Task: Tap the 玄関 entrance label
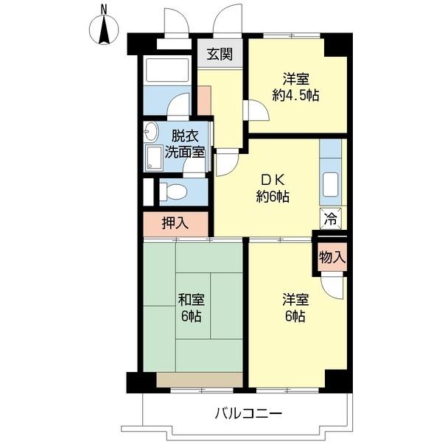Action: (x=220, y=54)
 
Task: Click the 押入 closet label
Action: (x=175, y=223)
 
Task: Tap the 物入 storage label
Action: (x=332, y=257)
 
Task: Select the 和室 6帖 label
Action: (x=192, y=309)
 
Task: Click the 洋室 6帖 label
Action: (x=294, y=309)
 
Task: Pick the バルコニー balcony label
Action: (x=248, y=413)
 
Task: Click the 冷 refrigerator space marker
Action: (x=331, y=218)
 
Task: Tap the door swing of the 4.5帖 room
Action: (x=254, y=110)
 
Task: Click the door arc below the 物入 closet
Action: (x=331, y=286)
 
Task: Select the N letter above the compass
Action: (x=104, y=8)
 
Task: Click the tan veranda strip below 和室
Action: (x=199, y=379)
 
